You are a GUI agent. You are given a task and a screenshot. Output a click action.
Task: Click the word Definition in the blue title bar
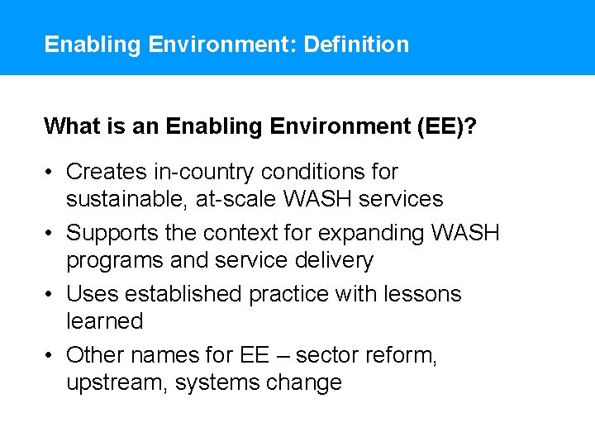pos(356,44)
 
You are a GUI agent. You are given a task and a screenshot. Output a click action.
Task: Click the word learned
pos(104,321)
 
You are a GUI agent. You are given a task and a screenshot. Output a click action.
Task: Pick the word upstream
pos(116,383)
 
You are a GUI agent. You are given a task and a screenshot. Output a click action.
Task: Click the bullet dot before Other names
pos(50,355)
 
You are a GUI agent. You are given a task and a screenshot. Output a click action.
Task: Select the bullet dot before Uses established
pos(50,294)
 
